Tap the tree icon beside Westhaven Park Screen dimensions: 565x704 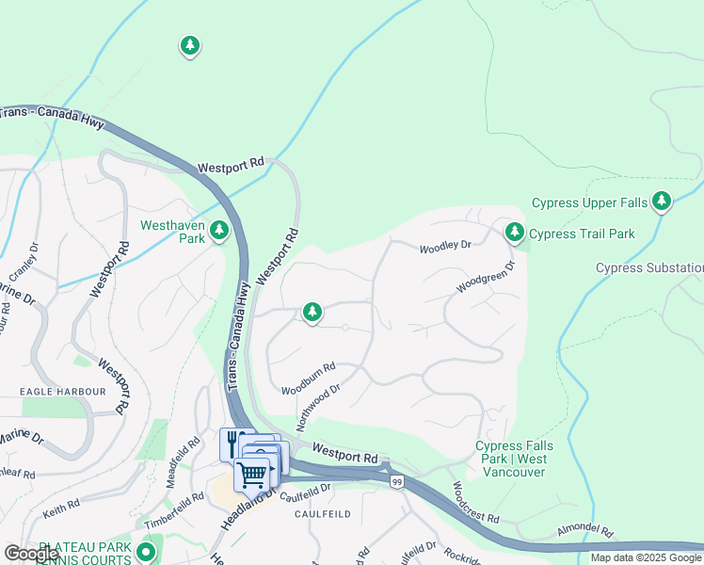[x=219, y=230]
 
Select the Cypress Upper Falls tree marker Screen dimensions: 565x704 [x=662, y=201]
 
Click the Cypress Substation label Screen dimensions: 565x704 [x=649, y=268]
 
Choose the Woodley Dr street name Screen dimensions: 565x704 [x=444, y=247]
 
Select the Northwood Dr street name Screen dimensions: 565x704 [x=318, y=406]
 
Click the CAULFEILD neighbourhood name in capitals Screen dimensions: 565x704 [x=322, y=514]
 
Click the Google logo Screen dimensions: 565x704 [x=31, y=555]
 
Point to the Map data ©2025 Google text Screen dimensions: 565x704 [x=645, y=557]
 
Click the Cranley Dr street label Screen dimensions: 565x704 [x=24, y=266]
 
